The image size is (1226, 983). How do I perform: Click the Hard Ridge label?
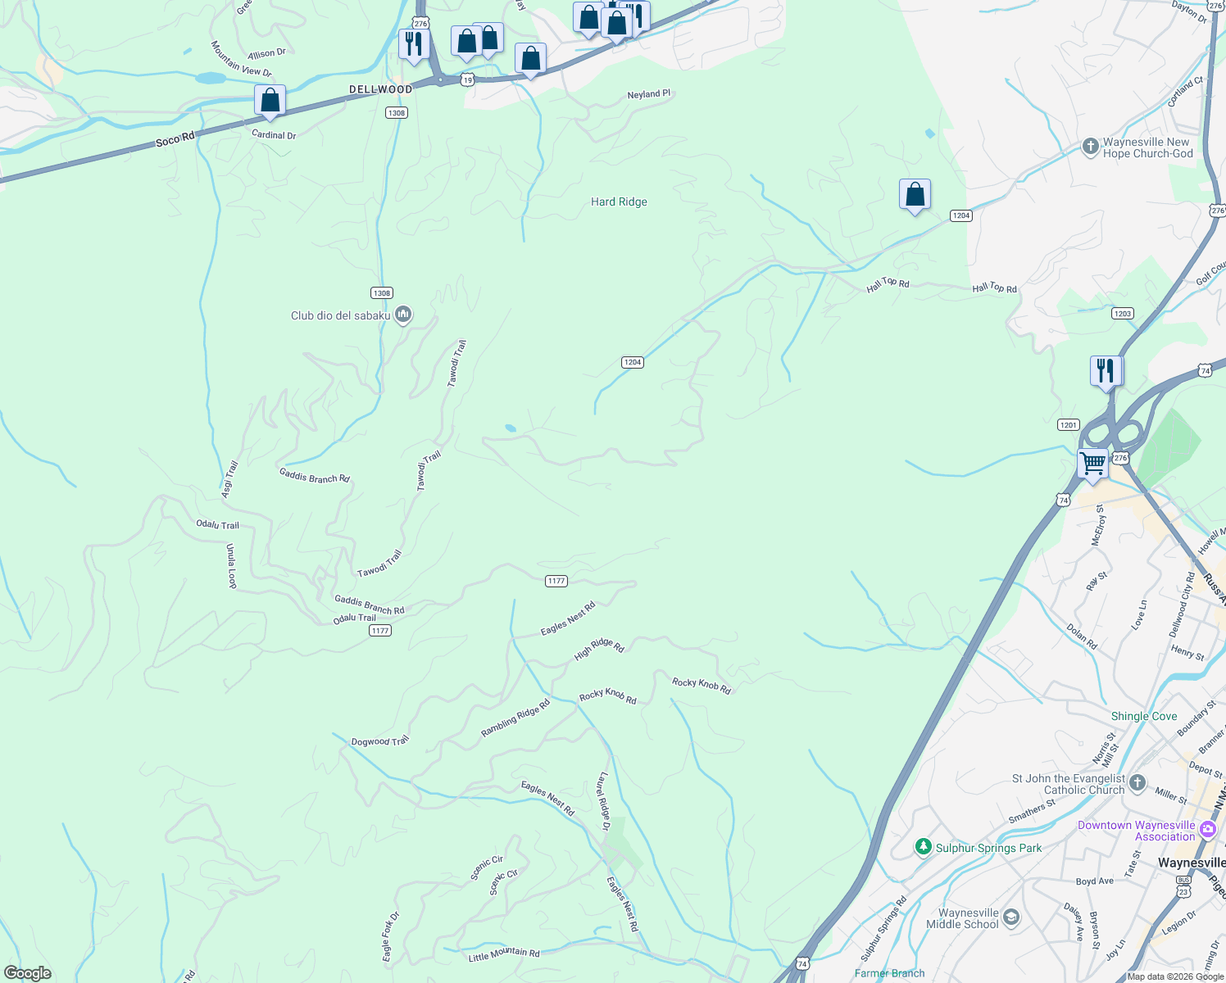click(x=619, y=202)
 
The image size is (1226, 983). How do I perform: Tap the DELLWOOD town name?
click(x=380, y=89)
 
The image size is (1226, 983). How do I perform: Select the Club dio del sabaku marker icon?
click(x=402, y=315)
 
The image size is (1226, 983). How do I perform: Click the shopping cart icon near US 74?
click(x=1092, y=464)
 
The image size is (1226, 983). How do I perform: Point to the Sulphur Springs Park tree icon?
click(x=924, y=846)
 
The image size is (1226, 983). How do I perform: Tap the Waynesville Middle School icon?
click(x=1011, y=917)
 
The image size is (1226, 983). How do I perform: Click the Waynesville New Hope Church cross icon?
click(x=1090, y=147)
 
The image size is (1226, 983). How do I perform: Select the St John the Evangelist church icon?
click(x=1137, y=782)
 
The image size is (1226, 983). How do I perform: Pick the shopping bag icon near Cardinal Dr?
click(x=270, y=101)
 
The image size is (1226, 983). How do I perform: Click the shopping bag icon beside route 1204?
click(x=915, y=195)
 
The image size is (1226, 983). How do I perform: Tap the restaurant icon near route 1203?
click(x=1106, y=370)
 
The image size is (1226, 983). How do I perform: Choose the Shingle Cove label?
click(x=1143, y=716)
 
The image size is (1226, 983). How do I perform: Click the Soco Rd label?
click(x=175, y=140)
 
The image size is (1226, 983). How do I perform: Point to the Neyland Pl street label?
click(x=648, y=94)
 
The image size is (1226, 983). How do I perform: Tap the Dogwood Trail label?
click(x=379, y=741)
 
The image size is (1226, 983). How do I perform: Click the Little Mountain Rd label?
click(x=504, y=954)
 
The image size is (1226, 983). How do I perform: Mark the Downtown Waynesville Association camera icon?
click(x=1206, y=831)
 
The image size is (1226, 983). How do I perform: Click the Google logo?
click(x=28, y=972)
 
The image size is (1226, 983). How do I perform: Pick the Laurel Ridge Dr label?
click(x=604, y=801)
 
